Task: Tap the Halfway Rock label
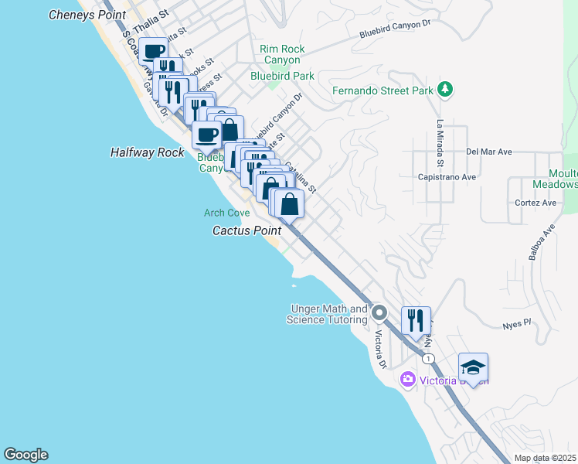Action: [147, 152]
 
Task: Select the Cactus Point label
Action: [246, 230]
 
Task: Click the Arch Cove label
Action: [226, 213]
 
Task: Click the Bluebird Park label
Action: [282, 76]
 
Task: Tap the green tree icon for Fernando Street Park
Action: [444, 90]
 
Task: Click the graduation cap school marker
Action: [473, 367]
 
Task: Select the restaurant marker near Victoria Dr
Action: [416, 319]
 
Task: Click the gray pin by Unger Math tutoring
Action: [379, 313]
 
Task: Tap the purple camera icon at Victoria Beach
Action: [407, 380]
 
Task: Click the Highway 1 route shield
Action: [427, 358]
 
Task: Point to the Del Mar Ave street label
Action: [489, 152]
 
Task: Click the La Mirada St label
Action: [439, 143]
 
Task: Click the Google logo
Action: [25, 455]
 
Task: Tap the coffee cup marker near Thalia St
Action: [154, 50]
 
